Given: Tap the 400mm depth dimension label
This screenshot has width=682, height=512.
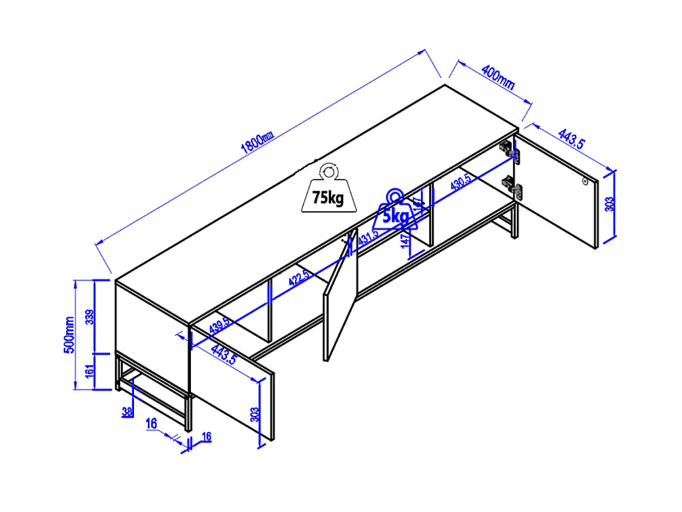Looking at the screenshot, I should pyautogui.click(x=498, y=77).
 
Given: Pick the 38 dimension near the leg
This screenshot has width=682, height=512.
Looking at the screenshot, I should pyautogui.click(x=127, y=412).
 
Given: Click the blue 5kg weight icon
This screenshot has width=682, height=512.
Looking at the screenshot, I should pyautogui.click(x=395, y=211).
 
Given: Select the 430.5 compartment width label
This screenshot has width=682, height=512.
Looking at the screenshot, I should pyautogui.click(x=461, y=183).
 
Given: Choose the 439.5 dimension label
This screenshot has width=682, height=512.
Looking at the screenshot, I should pyautogui.click(x=220, y=325).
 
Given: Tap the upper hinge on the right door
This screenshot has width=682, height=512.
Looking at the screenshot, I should pyautogui.click(x=510, y=151).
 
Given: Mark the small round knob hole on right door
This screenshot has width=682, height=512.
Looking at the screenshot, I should pyautogui.click(x=584, y=181).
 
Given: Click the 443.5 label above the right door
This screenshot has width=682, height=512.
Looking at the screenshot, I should pyautogui.click(x=571, y=140).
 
